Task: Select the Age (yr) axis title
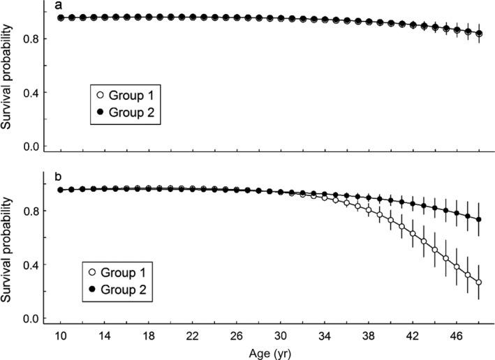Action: tap(269, 353)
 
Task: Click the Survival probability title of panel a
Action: tap(8, 75)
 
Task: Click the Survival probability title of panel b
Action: tap(8, 250)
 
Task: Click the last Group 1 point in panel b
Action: tap(479, 283)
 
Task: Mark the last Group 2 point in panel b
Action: tap(479, 220)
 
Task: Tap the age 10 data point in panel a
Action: tap(60, 17)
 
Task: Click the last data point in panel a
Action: tap(479, 33)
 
